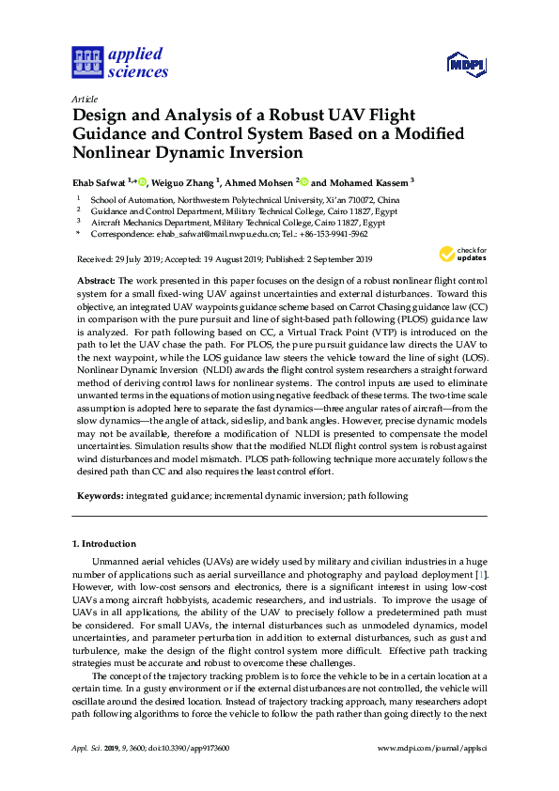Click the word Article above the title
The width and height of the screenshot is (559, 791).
click(85, 98)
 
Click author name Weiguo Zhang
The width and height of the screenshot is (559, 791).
click(188, 182)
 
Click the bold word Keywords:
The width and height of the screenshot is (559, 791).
click(99, 494)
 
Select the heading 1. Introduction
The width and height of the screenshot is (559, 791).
click(104, 544)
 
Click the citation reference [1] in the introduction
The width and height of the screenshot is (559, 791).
click(481, 572)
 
